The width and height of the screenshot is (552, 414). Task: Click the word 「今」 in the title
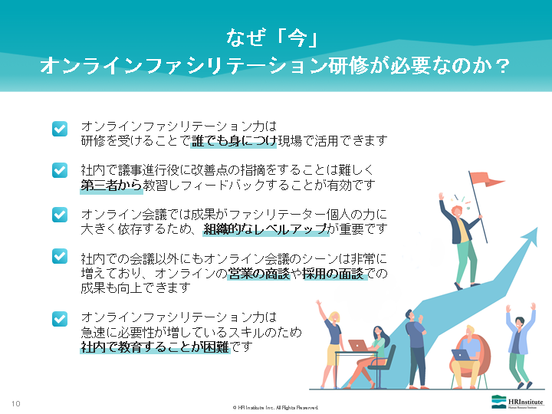coord(297,38)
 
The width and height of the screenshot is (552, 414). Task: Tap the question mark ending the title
coord(504,65)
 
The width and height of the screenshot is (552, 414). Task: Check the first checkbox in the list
coord(60,129)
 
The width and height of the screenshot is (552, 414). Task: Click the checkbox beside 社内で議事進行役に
coord(60,170)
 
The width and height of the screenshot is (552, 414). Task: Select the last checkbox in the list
coord(60,319)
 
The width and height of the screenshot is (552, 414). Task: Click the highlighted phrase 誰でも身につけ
coord(233,141)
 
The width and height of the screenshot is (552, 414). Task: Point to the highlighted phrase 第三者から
coord(111,186)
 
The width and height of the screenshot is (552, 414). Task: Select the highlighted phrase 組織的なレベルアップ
coord(266,229)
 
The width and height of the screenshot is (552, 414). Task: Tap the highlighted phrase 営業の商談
coord(259,274)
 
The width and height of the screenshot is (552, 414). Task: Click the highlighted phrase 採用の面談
coord(333,274)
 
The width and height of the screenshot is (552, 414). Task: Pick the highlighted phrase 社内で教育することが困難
coord(155,347)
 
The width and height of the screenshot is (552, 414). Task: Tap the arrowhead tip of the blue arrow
coord(537,228)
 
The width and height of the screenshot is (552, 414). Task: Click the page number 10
coord(16,404)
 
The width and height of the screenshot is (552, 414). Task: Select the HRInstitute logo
coord(517,402)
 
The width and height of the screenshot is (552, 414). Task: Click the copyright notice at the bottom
coord(275,408)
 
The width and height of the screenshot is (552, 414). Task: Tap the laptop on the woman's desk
coord(358,345)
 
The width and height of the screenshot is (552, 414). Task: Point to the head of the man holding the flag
coord(457,211)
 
